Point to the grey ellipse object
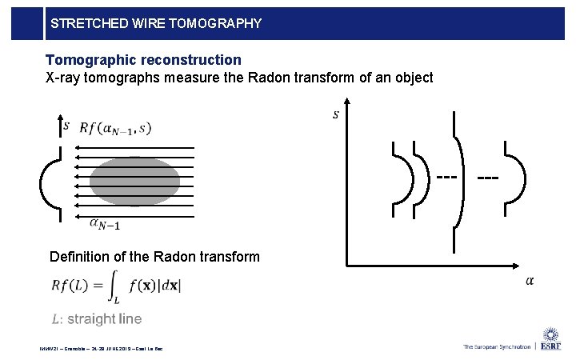tap(134, 182)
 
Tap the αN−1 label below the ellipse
tap(105, 226)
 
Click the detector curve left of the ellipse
tap(48, 183)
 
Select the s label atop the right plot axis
tap(335, 114)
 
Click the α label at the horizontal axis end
tap(530, 280)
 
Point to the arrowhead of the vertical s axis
tap(346, 103)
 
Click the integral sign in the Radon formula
tap(114, 286)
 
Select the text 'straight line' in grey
tap(104, 319)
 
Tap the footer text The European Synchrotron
tap(497, 346)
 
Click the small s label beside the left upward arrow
tap(66, 126)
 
